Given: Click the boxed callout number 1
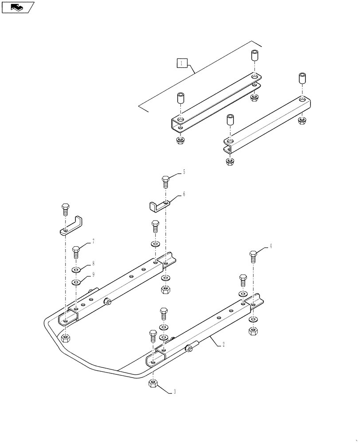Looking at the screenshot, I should tap(181, 63).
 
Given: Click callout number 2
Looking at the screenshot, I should tap(223, 344).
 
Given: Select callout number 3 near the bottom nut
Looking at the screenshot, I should tap(175, 392).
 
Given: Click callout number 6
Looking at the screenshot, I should tap(184, 194).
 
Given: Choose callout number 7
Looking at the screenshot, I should tap(93, 241).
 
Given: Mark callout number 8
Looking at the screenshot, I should tap(93, 263).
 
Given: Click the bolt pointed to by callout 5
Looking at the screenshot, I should tap(165, 181).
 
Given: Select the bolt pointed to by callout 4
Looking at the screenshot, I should tap(253, 256).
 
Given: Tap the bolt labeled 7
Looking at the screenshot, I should tap(76, 253).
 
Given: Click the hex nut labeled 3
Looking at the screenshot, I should tap(152, 384).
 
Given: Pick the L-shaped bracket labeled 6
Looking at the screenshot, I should tap(157, 205).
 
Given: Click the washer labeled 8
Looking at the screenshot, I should tap(76, 270).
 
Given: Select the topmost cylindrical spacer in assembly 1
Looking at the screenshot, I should tap(255, 57).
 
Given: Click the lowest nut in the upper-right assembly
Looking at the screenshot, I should tap(229, 161).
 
